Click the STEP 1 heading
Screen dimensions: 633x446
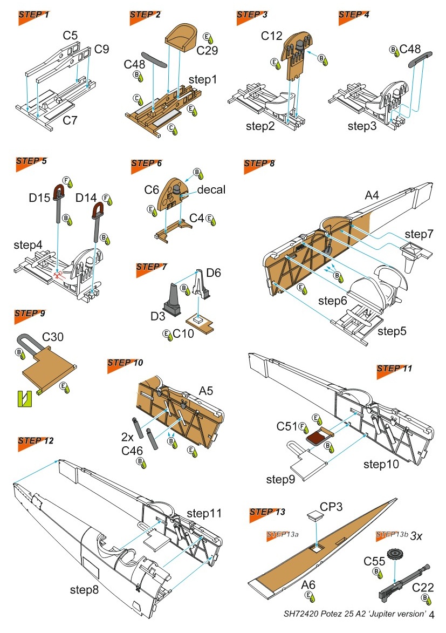[x=34, y=15]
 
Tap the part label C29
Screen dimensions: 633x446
[x=207, y=51]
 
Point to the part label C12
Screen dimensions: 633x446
[x=272, y=36]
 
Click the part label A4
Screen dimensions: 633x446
[x=372, y=196]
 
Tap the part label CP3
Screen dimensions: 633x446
[x=327, y=507]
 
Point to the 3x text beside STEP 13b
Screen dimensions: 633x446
[x=416, y=536]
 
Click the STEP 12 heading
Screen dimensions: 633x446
[x=35, y=440]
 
